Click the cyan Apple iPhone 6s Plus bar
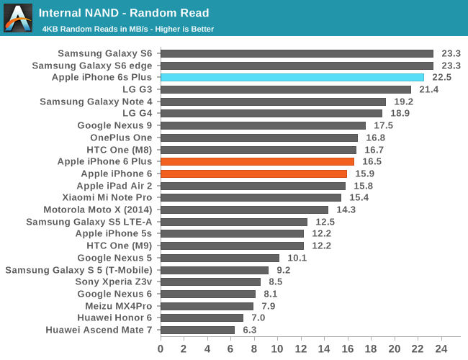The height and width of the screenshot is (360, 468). tap(292, 78)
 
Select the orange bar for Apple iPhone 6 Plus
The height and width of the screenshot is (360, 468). tap(257, 162)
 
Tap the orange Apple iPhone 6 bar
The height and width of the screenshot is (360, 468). tap(253, 174)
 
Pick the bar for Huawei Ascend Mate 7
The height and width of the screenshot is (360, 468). tap(197, 330)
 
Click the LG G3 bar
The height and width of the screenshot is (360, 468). tap(285, 89)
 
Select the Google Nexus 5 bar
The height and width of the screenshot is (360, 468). tap(220, 258)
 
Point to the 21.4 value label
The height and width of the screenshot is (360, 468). tap(429, 89)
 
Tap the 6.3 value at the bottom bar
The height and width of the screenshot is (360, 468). tap(250, 330)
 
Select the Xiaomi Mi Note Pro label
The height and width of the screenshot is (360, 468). tap(107, 197)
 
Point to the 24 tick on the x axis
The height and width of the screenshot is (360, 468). tap(442, 348)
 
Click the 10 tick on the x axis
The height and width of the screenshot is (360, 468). tap(277, 348)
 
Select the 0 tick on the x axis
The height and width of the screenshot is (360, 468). tap(160, 348)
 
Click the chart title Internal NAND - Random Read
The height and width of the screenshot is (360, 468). tap(124, 13)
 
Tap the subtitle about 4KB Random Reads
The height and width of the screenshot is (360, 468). tap(128, 29)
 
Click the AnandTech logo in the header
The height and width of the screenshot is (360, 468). tap(18, 18)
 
